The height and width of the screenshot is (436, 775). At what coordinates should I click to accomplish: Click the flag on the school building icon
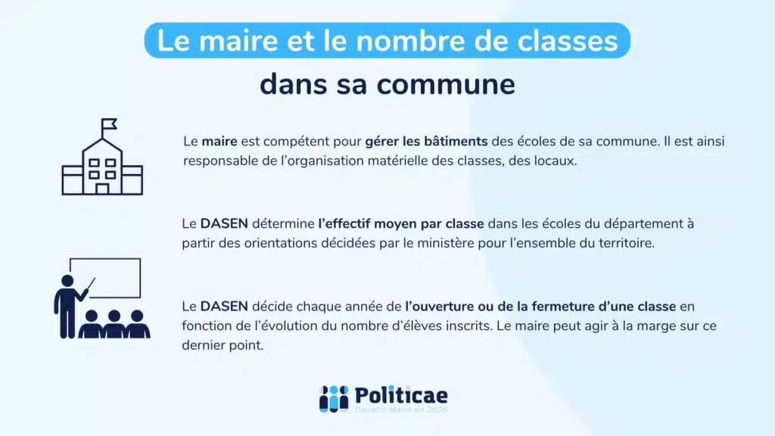point(109,123)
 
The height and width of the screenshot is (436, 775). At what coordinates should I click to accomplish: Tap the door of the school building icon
point(101,188)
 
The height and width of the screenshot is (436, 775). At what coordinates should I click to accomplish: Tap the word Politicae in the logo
point(401,395)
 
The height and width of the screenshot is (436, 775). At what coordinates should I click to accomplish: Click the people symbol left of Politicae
point(333,398)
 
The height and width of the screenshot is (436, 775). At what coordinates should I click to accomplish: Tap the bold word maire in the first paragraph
point(219,142)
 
